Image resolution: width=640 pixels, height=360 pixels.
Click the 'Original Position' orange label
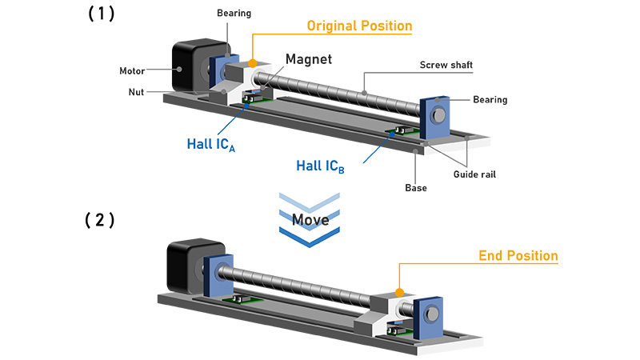pos(359,26)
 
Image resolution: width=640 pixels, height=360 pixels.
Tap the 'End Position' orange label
pos(518,256)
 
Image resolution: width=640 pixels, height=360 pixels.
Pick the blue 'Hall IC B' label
pos(321,166)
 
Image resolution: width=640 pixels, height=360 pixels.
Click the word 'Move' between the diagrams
pos(311,219)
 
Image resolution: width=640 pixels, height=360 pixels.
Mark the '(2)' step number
pos(100,220)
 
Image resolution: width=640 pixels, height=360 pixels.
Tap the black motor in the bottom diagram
pos(185,269)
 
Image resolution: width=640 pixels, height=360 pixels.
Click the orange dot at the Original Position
pos(253,62)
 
